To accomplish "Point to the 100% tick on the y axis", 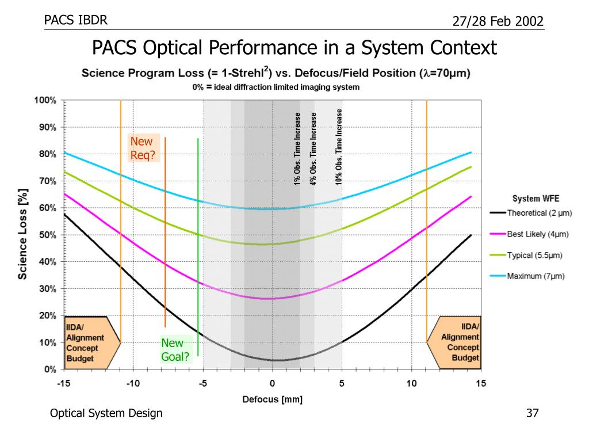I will pyautogui.click(x=45, y=100).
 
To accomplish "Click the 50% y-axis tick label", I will pyautogui.click(x=47, y=235).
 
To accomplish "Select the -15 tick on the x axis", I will pyautogui.click(x=63, y=384).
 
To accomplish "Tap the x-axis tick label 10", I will pyautogui.click(x=412, y=384).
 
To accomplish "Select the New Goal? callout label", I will pyautogui.click(x=175, y=349).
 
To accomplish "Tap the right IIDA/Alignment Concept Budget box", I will pyautogui.click(x=460, y=342).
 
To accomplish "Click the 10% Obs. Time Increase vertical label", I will pyautogui.click(x=339, y=147).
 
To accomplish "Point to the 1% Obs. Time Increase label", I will pyautogui.click(x=297, y=149).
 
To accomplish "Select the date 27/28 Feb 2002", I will pyautogui.click(x=498, y=22).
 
